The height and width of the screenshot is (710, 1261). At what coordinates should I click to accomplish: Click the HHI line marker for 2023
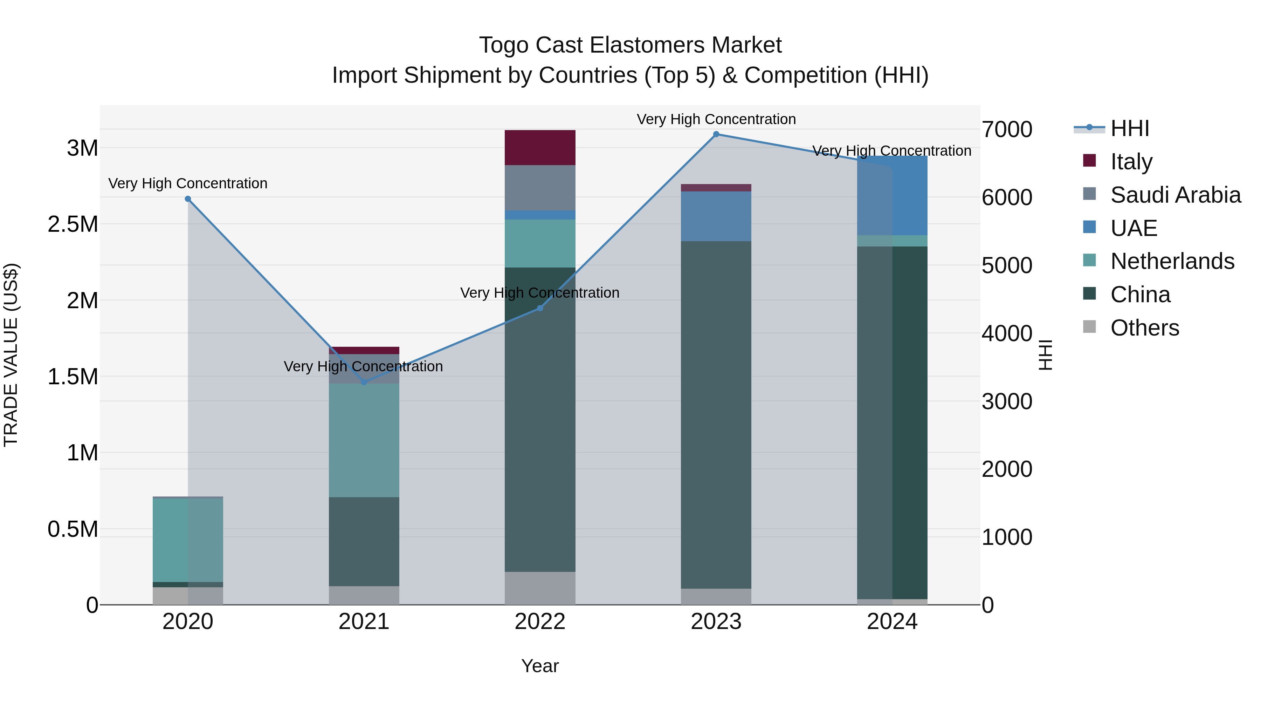[716, 134]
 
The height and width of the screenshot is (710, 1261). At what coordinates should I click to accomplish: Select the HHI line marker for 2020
[188, 199]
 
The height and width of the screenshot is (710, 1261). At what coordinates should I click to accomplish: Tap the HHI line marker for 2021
[364, 382]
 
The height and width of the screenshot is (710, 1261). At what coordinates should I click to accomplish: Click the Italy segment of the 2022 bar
[540, 148]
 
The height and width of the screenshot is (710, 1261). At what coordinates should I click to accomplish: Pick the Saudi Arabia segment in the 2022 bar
[540, 188]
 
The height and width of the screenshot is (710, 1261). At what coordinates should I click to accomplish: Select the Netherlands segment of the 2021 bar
[364, 440]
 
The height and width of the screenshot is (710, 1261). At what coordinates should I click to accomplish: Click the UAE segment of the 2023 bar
[716, 216]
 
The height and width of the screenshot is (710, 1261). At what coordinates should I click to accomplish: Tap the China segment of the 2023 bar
[716, 414]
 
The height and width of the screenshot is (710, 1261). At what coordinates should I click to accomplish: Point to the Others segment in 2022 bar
[540, 588]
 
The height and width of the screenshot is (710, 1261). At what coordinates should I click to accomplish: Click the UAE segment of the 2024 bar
[892, 196]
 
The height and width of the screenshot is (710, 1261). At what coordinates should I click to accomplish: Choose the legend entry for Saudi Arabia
[1175, 195]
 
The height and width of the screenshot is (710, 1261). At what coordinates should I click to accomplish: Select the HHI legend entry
[1129, 128]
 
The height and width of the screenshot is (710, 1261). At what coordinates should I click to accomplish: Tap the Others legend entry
[1144, 328]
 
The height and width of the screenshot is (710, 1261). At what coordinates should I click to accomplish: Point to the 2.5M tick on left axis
[73, 224]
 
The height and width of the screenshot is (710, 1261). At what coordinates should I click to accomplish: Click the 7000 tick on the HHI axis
[1007, 130]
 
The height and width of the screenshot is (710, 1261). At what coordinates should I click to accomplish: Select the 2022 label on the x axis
[540, 622]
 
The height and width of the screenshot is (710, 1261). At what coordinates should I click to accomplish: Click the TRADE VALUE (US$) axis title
[11, 355]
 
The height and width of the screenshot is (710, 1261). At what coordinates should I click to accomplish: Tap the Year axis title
[540, 666]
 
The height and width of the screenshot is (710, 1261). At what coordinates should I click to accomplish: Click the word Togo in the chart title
[503, 45]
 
